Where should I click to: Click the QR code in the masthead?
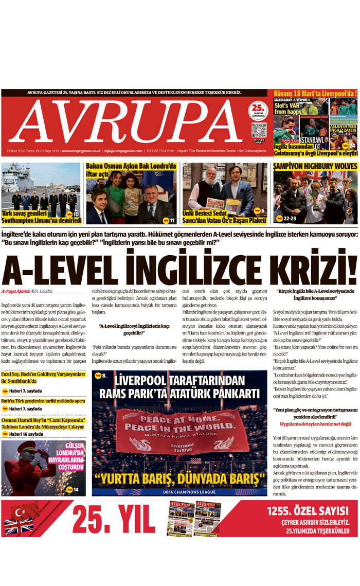click(259, 130)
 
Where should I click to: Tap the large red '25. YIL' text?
click(114, 519)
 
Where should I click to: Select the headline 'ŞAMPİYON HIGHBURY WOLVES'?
click(315, 166)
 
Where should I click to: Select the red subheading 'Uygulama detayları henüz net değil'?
click(315, 424)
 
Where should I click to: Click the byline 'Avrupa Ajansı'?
click(14, 291)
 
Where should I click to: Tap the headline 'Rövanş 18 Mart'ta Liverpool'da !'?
click(315, 94)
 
